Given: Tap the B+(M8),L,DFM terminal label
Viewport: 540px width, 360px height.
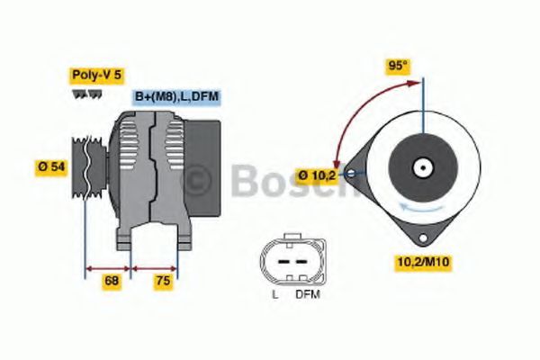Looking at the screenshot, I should [176, 96].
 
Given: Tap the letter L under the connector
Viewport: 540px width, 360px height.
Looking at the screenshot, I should [274, 293].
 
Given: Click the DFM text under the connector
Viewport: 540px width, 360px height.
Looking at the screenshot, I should [307, 293].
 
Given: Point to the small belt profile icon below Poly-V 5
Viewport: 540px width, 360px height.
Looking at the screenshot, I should [82, 94].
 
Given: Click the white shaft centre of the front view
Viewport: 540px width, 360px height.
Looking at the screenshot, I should [420, 167].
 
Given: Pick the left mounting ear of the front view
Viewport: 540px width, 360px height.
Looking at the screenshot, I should [354, 167].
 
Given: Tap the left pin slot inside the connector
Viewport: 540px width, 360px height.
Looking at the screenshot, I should [279, 259].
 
